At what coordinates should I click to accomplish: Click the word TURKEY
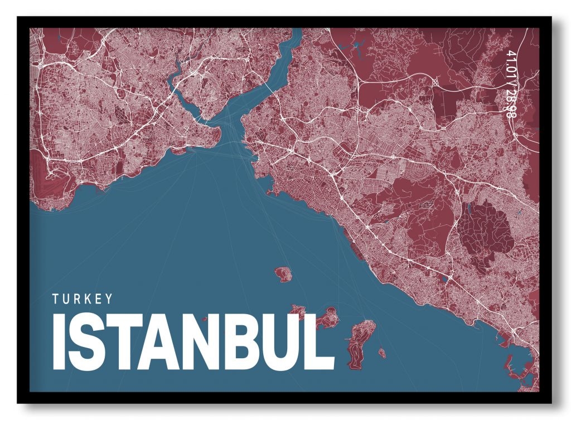(83, 299)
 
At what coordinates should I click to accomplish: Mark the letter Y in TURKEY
(108, 299)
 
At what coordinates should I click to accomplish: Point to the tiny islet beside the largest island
(382, 353)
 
